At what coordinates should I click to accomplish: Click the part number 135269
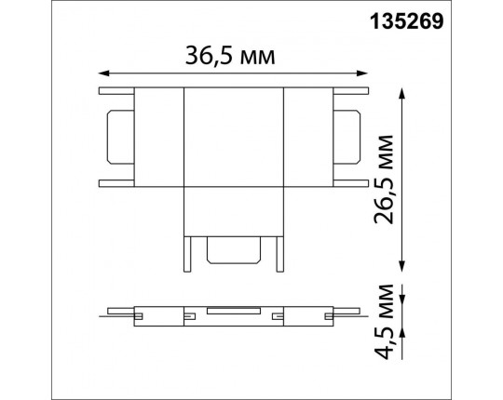(x=447, y=20)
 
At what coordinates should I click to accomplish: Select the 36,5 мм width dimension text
(x=230, y=56)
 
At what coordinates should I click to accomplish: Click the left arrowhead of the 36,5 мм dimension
(x=102, y=71)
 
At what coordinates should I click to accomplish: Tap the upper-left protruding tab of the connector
(x=116, y=91)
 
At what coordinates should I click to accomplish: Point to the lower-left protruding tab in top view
(x=116, y=180)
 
